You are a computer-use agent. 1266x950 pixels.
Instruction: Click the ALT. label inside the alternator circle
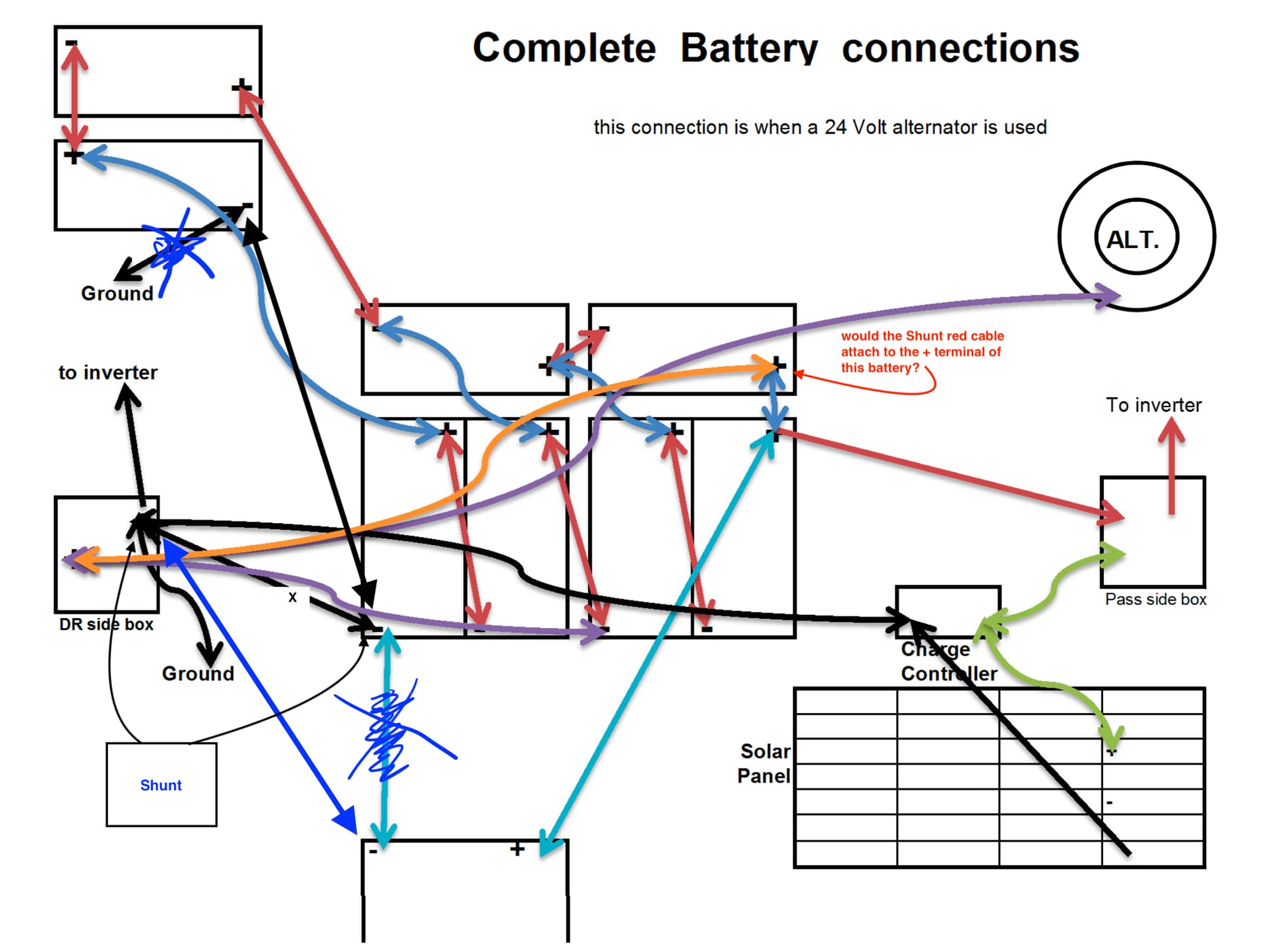click(x=1132, y=239)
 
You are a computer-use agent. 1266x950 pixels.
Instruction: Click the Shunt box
click(x=161, y=784)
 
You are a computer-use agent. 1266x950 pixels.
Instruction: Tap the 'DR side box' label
click(x=105, y=624)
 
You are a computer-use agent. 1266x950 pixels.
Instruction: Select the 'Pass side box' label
click(x=1155, y=599)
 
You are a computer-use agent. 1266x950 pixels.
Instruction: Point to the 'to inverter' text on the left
click(x=108, y=373)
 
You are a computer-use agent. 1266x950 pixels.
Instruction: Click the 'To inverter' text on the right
click(x=1153, y=404)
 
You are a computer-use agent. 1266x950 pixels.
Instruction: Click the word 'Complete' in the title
click(x=564, y=48)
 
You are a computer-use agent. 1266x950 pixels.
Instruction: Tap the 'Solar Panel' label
click(x=764, y=763)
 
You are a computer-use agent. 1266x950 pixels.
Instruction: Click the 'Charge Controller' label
click(x=948, y=662)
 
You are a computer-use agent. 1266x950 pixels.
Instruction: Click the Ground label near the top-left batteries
click(x=117, y=294)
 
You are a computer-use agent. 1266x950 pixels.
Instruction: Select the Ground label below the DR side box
click(x=198, y=674)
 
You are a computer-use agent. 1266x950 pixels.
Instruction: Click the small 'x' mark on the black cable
click(x=292, y=597)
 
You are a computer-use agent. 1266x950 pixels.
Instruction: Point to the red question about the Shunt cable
click(x=922, y=352)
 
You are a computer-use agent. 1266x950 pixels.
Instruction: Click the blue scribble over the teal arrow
click(x=389, y=729)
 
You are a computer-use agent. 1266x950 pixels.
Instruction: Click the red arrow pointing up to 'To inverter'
click(x=1171, y=465)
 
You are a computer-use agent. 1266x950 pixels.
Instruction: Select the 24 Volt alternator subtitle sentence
click(x=820, y=127)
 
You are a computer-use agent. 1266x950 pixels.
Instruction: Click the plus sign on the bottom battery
click(x=518, y=848)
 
